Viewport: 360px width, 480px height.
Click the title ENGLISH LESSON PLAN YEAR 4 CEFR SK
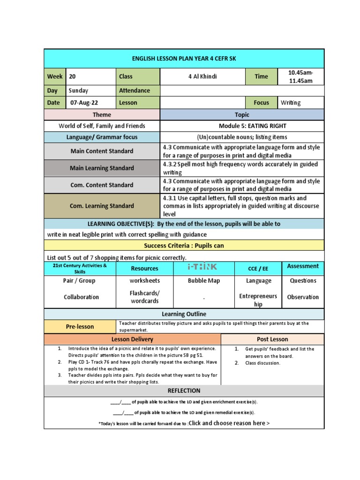point(184,59)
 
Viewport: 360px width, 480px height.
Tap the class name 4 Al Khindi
point(202,76)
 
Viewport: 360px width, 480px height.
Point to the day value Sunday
point(78,90)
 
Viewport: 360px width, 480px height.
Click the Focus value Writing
point(291,103)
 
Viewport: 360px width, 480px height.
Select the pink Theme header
point(102,115)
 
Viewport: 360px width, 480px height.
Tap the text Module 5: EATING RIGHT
point(252,126)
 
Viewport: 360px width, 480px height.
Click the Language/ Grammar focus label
point(102,137)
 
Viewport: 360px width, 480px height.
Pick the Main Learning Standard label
point(102,168)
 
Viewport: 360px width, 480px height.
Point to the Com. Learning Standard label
point(102,206)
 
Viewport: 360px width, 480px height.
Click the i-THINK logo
point(202,267)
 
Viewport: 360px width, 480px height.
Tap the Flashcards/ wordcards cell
point(144,297)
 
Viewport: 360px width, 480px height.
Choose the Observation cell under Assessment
point(302,297)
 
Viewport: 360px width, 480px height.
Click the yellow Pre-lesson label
point(79,327)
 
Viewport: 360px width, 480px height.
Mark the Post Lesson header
point(272,339)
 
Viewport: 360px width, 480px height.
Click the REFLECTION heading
point(184,391)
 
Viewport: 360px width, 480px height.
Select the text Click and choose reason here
point(229,423)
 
